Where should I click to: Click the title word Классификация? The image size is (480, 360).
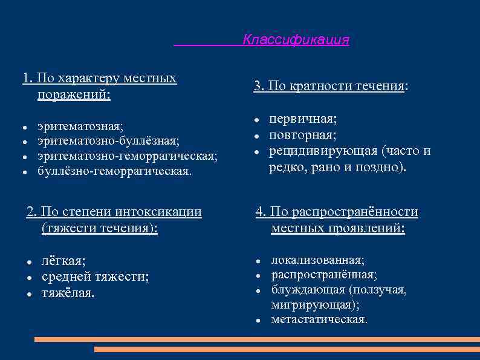click(296, 40)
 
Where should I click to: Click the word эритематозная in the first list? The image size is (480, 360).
click(79, 126)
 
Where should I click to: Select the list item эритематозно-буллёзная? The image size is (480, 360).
click(108, 141)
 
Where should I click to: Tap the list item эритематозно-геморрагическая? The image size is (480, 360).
click(127, 156)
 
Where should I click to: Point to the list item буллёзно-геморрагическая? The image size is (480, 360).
click(114, 171)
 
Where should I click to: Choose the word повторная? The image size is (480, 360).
click(302, 134)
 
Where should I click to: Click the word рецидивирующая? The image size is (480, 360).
click(323, 151)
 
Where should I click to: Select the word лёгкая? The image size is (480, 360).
click(63, 261)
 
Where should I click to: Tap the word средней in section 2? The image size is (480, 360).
click(66, 277)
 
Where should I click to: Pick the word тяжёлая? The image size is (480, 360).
click(68, 293)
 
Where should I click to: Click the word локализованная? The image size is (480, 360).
click(317, 260)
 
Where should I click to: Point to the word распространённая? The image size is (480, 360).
click(324, 275)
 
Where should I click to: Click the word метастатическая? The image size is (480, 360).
click(319, 319)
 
